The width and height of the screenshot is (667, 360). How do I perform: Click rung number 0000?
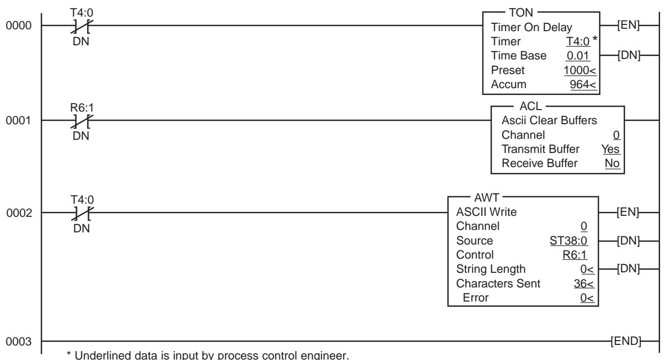click(19, 26)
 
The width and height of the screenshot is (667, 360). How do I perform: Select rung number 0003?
click(19, 341)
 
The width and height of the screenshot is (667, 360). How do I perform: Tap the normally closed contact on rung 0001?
click(82, 121)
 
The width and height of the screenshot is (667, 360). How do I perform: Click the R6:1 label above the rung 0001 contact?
click(82, 107)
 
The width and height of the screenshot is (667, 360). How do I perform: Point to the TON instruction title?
click(521, 13)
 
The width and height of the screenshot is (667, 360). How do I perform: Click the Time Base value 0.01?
click(578, 56)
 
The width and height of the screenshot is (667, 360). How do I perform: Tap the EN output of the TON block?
click(628, 25)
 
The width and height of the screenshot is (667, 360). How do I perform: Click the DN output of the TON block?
click(629, 55)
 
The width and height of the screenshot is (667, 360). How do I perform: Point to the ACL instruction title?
click(531, 106)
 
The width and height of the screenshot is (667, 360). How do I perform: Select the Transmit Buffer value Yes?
click(611, 149)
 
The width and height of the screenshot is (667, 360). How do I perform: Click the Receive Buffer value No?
click(612, 163)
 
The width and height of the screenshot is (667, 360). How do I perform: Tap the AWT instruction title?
click(486, 198)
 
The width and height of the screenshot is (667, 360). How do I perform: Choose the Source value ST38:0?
click(569, 241)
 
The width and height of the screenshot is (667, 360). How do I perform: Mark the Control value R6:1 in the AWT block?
click(574, 255)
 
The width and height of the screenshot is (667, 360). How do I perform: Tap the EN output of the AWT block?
click(628, 212)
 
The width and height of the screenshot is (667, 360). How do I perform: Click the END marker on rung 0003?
click(626, 341)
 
